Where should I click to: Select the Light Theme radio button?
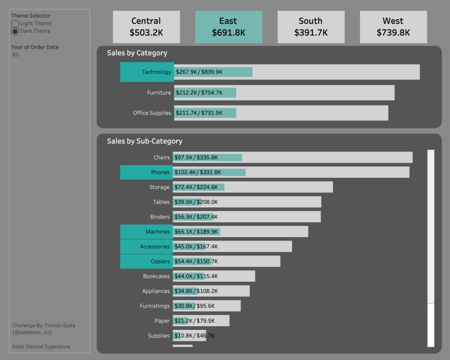[x=15, y=24]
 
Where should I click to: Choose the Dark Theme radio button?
[x=15, y=31]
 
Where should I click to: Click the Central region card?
[x=146, y=27]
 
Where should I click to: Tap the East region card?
[x=229, y=27]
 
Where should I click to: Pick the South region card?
[x=311, y=27]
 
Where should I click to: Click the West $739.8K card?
[x=393, y=27]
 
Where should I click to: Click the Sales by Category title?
[x=137, y=53]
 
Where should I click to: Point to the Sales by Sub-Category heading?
[x=145, y=141]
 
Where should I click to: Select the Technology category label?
[x=156, y=72]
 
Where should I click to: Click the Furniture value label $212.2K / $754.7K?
[x=199, y=93]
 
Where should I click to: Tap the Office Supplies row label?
[x=152, y=113]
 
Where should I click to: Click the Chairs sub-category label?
[x=162, y=157]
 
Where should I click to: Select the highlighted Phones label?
[x=160, y=172]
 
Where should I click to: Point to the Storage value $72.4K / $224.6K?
[x=196, y=187]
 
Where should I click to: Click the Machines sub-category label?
[x=158, y=232]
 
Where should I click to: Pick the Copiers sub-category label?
[x=160, y=262]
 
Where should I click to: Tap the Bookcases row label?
[x=156, y=276]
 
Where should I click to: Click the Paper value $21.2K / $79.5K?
[x=194, y=321]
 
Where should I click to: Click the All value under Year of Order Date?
[x=16, y=55]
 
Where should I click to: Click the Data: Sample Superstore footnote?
[x=41, y=347]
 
